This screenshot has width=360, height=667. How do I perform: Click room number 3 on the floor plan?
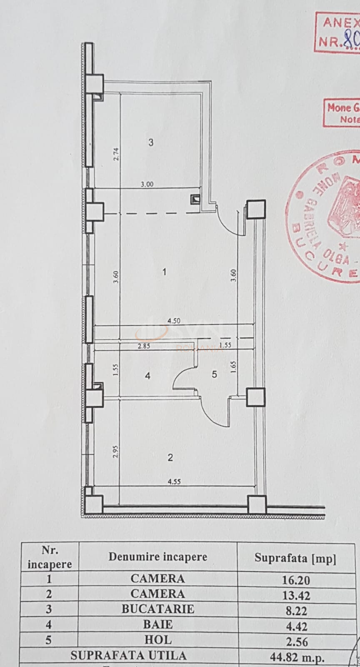pos(151,143)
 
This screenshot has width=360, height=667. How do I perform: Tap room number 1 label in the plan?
pos(165,272)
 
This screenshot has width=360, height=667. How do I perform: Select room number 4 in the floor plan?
pos(147,376)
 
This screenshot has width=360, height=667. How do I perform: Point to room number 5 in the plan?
pos(214,374)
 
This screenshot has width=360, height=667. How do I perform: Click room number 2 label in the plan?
pos(170,458)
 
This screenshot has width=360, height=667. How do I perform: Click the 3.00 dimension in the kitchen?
pos(147,184)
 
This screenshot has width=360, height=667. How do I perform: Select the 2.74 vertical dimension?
pos(117,154)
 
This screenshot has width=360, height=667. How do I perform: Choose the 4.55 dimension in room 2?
pos(174,481)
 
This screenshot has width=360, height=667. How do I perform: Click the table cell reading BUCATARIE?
pos(157,609)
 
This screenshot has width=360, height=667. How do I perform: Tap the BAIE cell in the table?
pos(157,624)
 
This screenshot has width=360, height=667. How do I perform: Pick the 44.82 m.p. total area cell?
pos(297,658)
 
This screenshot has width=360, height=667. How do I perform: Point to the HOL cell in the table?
pos(157,639)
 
